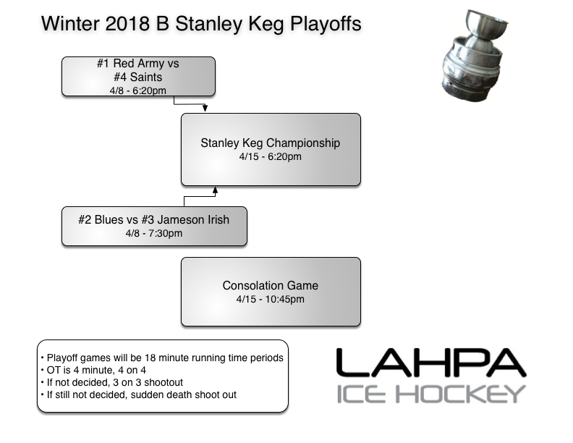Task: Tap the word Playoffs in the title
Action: pyautogui.click(x=326, y=23)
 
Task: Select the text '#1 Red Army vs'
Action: pyautogui.click(x=137, y=64)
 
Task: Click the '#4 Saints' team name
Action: pyautogui.click(x=137, y=77)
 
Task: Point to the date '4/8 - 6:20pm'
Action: pyautogui.click(x=137, y=90)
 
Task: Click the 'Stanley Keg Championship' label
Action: pyautogui.click(x=270, y=143)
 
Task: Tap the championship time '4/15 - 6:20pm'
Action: pyautogui.click(x=270, y=156)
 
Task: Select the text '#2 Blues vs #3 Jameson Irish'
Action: pyautogui.click(x=154, y=219)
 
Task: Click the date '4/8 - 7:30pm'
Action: pyautogui.click(x=154, y=233)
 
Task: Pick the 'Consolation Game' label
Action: pyautogui.click(x=270, y=285)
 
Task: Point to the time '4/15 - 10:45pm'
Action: pyautogui.click(x=270, y=299)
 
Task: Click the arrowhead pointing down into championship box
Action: pyautogui.click(x=205, y=109)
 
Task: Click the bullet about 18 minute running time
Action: pyautogui.click(x=161, y=358)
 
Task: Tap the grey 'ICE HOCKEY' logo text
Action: pyautogui.click(x=430, y=394)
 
